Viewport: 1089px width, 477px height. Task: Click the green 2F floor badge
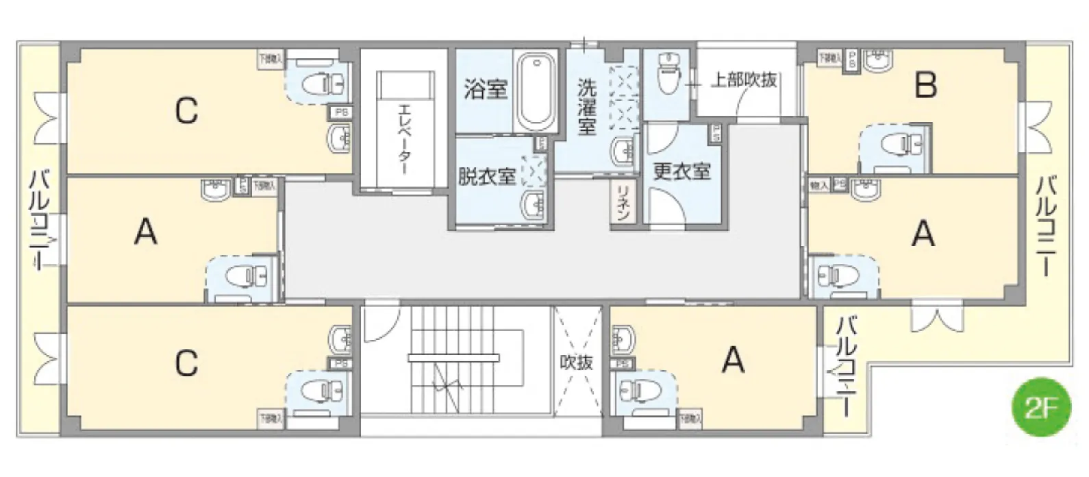click(1040, 410)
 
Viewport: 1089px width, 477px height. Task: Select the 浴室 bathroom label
click(486, 89)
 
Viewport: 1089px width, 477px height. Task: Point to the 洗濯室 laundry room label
click(586, 106)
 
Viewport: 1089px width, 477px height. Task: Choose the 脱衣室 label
click(487, 176)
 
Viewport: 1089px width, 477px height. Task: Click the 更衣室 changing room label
click(681, 171)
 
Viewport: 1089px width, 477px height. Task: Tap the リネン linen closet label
click(623, 203)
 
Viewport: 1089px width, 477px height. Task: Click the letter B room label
click(925, 86)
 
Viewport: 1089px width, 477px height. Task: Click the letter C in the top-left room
click(186, 110)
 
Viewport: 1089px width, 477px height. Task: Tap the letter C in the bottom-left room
click(186, 363)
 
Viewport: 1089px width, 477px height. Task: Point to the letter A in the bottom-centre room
click(732, 358)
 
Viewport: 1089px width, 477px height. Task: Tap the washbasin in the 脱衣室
click(532, 204)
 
